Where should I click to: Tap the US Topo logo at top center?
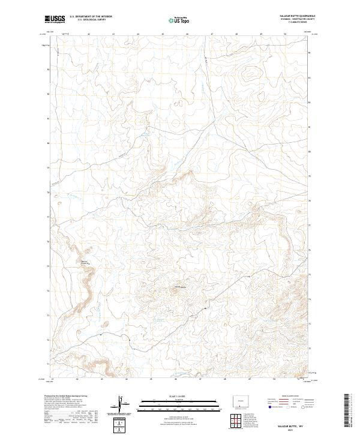pyautogui.click(x=175, y=20)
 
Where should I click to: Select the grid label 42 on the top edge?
pyautogui.click(x=89, y=34)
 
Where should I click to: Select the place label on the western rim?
pyautogui.click(x=85, y=263)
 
